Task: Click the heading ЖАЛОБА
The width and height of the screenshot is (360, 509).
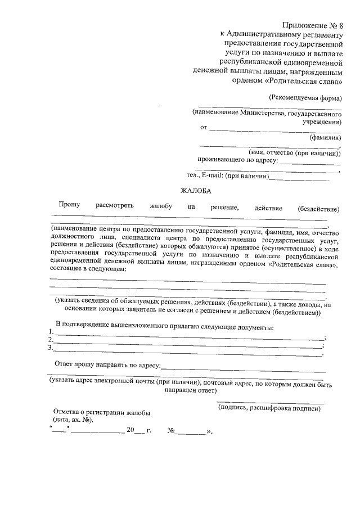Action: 195,192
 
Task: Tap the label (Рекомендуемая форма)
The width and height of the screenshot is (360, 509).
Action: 304,97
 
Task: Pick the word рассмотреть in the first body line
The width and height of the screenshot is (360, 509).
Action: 115,208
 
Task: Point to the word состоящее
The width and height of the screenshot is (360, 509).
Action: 67,270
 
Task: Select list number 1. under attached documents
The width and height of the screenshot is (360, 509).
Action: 51,332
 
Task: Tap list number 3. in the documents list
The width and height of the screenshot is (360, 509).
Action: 51,348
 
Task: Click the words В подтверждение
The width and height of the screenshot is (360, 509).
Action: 79,327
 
